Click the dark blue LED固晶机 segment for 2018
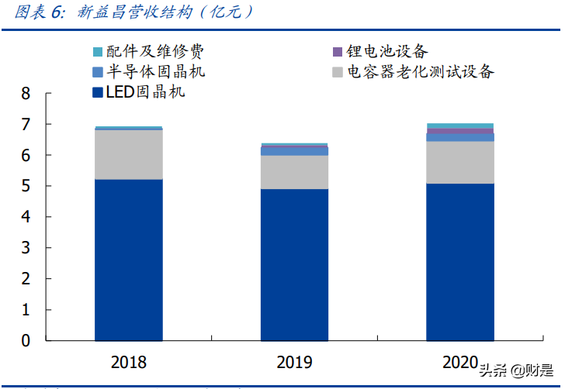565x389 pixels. pyautogui.click(x=129, y=260)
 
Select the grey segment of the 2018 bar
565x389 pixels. pyautogui.click(x=129, y=154)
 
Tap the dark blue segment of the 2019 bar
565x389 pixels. pyautogui.click(x=294, y=264)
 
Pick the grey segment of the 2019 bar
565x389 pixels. pyautogui.click(x=294, y=172)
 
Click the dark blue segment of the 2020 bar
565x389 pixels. pyautogui.click(x=459, y=262)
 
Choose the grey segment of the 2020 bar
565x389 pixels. pyautogui.click(x=459, y=163)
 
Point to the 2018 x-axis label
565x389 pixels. pyautogui.click(x=129, y=362)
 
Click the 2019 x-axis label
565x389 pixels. pyautogui.click(x=294, y=362)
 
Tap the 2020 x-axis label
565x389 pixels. pyautogui.click(x=459, y=362)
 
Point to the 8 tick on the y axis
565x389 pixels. pyautogui.click(x=26, y=94)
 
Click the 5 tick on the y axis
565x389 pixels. pyautogui.click(x=26, y=187)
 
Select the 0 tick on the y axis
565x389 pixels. pyautogui.click(x=26, y=341)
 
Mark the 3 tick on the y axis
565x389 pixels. pyautogui.click(x=26, y=248)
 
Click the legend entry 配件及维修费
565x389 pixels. pyautogui.click(x=155, y=52)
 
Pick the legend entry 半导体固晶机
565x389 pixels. pyautogui.click(x=155, y=72)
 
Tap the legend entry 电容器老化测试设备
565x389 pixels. pyautogui.click(x=419, y=72)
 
